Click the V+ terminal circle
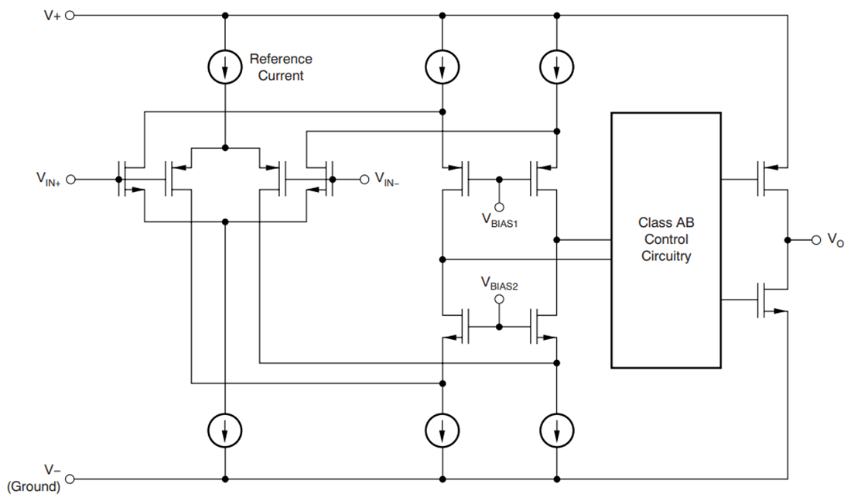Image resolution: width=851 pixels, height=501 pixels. coord(70,15)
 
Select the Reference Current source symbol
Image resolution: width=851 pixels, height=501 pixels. coord(225,68)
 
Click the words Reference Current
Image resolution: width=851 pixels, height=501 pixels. coord(280,67)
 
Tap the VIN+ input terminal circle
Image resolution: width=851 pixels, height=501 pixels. coord(70,180)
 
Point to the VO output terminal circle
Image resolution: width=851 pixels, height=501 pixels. coord(815,240)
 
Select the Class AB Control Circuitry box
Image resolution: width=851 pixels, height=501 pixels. coord(666,239)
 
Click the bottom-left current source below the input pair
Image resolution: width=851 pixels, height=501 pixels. coord(225,427)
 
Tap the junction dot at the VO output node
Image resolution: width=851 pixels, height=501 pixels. coord(787,240)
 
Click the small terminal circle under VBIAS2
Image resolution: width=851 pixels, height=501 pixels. coord(500,299)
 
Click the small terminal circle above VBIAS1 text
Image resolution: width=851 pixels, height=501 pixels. coord(500,206)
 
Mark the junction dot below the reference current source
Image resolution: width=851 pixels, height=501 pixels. coord(225,147)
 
